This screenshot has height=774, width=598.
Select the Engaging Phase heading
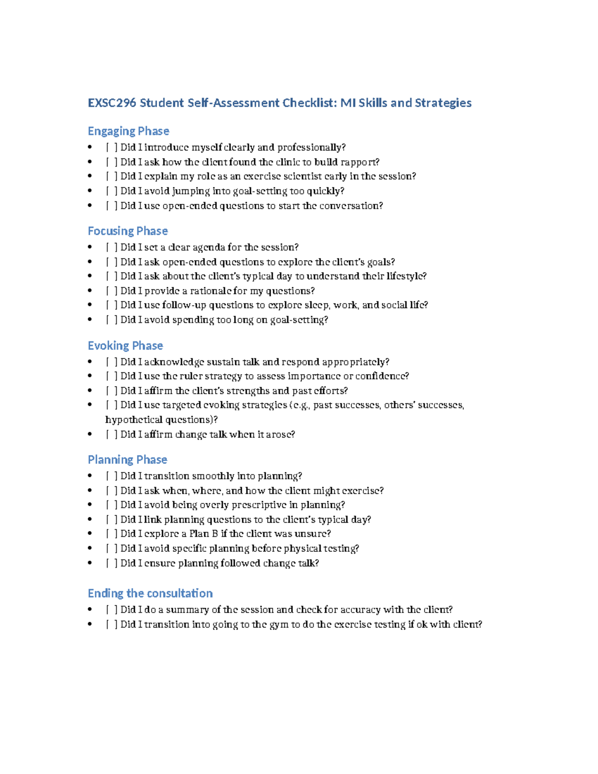point(128,131)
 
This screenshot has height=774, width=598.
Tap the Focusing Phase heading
point(128,231)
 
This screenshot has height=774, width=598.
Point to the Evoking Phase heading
point(125,346)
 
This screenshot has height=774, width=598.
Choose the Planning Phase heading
point(127,460)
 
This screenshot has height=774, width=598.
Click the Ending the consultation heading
point(150,594)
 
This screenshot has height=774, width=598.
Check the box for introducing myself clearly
point(112,148)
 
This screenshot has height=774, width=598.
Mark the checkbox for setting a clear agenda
point(112,248)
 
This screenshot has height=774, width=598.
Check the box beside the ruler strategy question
point(112,376)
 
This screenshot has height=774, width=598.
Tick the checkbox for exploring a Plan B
point(112,534)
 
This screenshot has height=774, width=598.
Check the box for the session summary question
point(112,610)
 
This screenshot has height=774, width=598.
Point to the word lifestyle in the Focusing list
point(406,277)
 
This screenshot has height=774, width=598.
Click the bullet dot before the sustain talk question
point(90,362)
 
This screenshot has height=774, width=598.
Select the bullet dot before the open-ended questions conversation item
point(90,206)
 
